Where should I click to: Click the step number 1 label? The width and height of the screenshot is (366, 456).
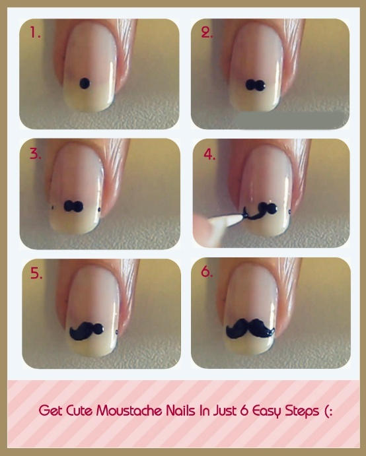pos(35,32)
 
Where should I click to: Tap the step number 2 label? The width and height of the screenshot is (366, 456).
pos(207,32)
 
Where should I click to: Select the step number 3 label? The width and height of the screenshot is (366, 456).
pos(35,154)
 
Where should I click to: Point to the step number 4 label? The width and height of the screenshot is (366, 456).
pos(209,154)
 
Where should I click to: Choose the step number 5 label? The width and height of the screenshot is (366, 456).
pos(36,273)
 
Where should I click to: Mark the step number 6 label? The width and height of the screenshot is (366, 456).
pos(207,272)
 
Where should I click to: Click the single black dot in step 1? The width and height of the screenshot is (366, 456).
pos(85,83)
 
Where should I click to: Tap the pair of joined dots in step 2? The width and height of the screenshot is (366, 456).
pos(256,85)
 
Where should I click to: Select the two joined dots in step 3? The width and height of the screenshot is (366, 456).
pos(73,206)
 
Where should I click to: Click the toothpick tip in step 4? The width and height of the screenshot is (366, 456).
pos(244,215)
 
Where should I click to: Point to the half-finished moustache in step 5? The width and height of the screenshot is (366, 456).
pos(87,331)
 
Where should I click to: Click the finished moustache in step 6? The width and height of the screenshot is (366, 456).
pos(250,329)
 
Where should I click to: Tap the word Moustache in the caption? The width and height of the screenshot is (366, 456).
pos(129,411)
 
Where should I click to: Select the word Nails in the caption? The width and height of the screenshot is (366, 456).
pos(180,411)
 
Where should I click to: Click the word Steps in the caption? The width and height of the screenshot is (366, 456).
pos(302,412)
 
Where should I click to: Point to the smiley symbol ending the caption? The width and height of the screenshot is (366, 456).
pos(328,411)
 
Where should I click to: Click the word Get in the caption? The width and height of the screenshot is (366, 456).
pos(50,411)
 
